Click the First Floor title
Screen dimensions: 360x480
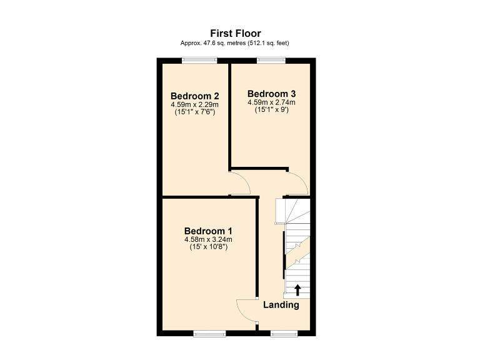(x=235, y=33)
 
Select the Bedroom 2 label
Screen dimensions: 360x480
(x=194, y=96)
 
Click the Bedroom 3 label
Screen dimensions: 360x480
(x=271, y=94)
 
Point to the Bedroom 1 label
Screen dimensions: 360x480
(x=208, y=230)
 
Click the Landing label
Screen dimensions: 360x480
(x=281, y=305)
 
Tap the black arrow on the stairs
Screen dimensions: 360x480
(x=297, y=289)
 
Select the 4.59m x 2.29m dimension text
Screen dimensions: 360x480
(x=194, y=105)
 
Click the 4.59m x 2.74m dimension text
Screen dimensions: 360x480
(x=271, y=102)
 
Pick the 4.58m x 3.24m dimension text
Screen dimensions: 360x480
(x=208, y=239)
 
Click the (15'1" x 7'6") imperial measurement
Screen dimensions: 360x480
(x=194, y=113)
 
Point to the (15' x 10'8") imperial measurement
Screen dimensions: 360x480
(x=208, y=247)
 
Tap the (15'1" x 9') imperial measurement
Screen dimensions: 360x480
(x=271, y=111)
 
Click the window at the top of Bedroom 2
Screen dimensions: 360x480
(x=200, y=60)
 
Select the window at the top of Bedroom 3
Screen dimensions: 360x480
(x=271, y=60)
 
